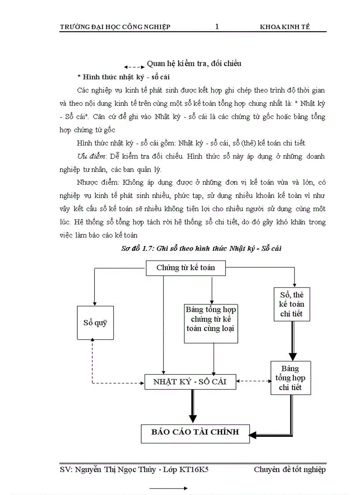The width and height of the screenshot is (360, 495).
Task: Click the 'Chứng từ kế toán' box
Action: pyautogui.click(x=186, y=268)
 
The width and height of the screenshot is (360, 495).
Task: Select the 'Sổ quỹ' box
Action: pyautogui.click(x=95, y=322)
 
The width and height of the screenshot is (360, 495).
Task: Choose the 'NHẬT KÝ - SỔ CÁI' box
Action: pyautogui.click(x=190, y=382)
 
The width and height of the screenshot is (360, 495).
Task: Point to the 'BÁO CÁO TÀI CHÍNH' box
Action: pyautogui.click(x=195, y=432)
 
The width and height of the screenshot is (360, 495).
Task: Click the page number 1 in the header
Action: pyautogui.click(x=217, y=27)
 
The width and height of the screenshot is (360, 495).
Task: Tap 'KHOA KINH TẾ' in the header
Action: pyautogui.click(x=285, y=27)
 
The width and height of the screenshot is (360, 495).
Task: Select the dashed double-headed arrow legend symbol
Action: pyautogui.click(x=134, y=67)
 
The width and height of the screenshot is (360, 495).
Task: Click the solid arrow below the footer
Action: pyautogui.click(x=169, y=488)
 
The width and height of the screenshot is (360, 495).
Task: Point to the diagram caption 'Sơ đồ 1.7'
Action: pyautogui.click(x=137, y=249)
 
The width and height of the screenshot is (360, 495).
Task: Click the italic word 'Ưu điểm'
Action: pyautogui.click(x=89, y=156)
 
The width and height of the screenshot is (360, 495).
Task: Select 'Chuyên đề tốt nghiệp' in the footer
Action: pyautogui.click(x=289, y=470)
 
